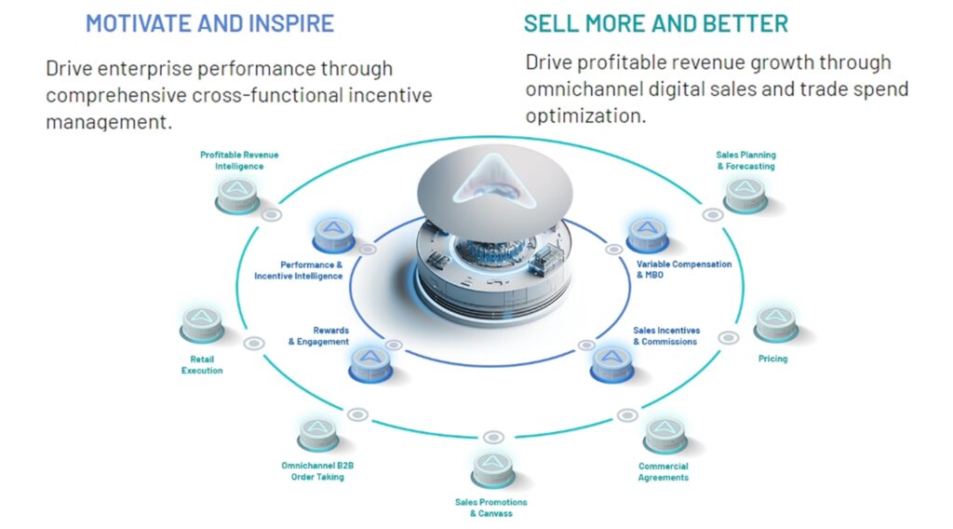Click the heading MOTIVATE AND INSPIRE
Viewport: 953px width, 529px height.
(209, 23)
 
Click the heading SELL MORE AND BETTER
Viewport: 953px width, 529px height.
(656, 23)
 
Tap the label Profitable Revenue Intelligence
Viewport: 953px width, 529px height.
(239, 160)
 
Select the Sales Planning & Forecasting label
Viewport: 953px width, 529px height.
(745, 160)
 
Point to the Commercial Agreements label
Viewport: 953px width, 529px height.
(664, 472)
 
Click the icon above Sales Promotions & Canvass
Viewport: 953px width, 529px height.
(491, 468)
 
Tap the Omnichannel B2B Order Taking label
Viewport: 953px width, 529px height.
(313, 471)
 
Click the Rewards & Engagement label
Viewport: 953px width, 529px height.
(318, 335)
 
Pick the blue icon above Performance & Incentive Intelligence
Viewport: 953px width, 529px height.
(332, 234)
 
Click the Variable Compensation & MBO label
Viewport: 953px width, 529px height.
(684, 270)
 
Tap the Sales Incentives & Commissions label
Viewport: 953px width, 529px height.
(666, 335)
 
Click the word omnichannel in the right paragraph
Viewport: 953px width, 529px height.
(586, 90)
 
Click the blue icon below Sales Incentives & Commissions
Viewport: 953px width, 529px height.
(611, 362)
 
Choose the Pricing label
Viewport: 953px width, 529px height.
(772, 359)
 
